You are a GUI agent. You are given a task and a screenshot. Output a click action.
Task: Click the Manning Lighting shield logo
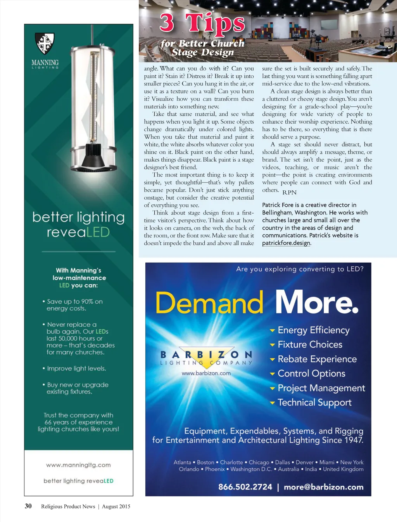[x=45, y=43]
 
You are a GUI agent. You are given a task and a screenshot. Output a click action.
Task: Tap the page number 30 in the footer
[x=28, y=506]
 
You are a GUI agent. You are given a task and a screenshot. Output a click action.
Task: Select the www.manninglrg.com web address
[x=78, y=465]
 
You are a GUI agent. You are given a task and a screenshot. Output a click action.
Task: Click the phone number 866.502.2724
[x=245, y=487]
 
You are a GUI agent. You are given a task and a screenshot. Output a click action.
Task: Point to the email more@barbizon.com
[x=323, y=487]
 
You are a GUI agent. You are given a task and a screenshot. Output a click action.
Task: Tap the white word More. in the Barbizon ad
[x=317, y=302]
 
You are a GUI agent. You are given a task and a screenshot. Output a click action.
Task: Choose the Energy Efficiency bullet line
[x=313, y=330]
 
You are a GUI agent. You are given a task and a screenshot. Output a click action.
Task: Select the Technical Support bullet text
[x=314, y=403]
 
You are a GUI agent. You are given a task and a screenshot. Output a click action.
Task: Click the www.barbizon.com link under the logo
[x=206, y=373]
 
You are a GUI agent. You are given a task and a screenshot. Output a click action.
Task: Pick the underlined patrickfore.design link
[x=286, y=243]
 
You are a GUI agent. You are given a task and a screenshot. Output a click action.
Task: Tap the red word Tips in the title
[x=215, y=23]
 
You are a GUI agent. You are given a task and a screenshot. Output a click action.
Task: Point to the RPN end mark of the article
[x=289, y=192]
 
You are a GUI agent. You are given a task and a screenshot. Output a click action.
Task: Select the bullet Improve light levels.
[x=76, y=368]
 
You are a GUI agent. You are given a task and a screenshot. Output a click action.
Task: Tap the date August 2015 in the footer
[x=116, y=506]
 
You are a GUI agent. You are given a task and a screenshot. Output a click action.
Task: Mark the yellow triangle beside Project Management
[x=272, y=388]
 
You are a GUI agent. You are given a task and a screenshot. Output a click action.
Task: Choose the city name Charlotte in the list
[x=231, y=462]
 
